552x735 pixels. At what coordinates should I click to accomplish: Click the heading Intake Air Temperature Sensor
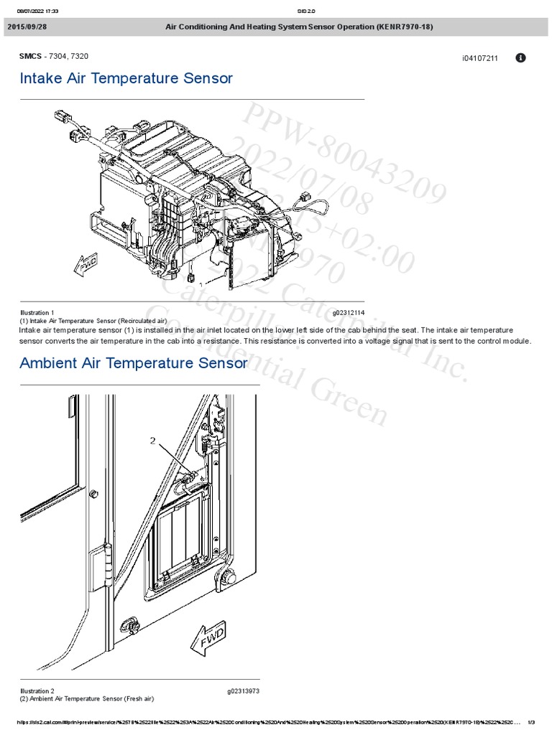(126, 78)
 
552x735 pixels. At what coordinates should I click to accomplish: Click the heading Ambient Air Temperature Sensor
(134, 363)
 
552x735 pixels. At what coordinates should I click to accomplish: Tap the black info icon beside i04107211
(521, 57)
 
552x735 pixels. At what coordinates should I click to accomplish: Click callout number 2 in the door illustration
(152, 441)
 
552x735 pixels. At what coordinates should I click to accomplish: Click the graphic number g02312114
(349, 312)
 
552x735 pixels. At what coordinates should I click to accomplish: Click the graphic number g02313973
(243, 690)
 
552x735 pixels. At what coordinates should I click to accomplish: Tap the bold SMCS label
(32, 56)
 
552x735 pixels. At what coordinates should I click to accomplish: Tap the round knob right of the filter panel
(229, 578)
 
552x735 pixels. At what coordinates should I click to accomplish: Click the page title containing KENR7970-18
(299, 27)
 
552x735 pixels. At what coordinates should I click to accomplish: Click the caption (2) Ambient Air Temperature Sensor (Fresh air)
(86, 698)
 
